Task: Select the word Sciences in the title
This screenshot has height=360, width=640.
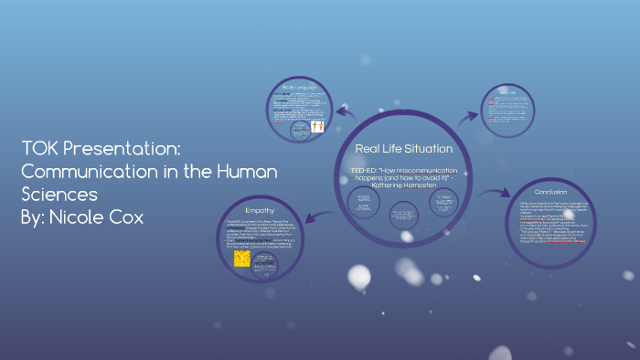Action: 59,195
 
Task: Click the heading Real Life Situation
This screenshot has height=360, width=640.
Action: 403,148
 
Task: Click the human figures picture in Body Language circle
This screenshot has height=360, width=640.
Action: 317,127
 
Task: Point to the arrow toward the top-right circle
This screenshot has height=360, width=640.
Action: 469,114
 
